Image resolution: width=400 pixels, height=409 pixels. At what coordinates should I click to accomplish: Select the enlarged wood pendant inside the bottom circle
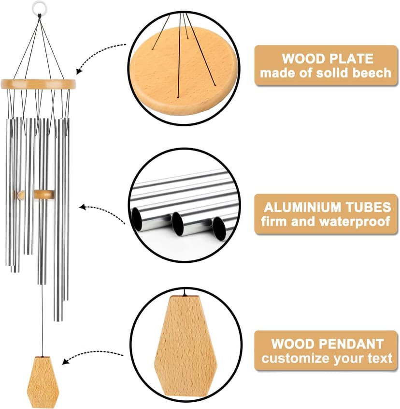pos(186,347)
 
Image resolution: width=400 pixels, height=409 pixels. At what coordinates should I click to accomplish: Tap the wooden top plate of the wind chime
pos(38,84)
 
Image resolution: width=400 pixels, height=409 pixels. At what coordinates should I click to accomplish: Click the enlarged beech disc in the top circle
pos(183,71)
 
